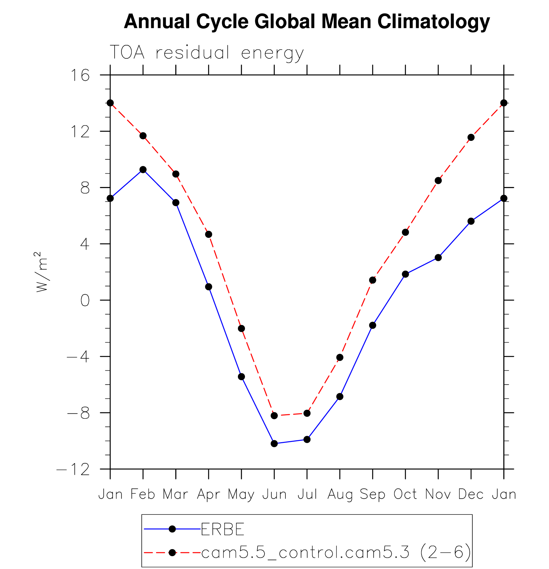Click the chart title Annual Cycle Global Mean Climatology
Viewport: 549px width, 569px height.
(307, 22)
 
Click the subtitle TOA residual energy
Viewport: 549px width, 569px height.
(206, 53)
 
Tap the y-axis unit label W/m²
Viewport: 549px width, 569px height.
(42, 272)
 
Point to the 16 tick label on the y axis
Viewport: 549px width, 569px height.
(80, 75)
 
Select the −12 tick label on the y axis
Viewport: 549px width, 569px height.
(74, 470)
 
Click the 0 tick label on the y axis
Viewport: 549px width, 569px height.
(85, 301)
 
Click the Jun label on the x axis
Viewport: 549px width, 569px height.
(274, 495)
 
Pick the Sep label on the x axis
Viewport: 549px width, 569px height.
(372, 495)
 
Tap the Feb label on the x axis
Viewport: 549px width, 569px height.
(143, 495)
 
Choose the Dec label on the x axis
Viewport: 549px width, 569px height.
(471, 495)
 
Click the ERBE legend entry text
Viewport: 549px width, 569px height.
(222, 529)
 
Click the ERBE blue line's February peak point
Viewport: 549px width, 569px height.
(143, 170)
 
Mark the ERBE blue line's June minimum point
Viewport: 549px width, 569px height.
(274, 444)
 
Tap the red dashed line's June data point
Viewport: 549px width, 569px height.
(274, 416)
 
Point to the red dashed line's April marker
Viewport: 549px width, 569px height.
(209, 234)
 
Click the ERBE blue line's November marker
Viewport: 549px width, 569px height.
(438, 258)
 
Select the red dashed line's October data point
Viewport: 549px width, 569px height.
(405, 232)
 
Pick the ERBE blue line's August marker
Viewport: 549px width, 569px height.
(340, 397)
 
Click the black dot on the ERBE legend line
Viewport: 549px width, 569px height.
(172, 529)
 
